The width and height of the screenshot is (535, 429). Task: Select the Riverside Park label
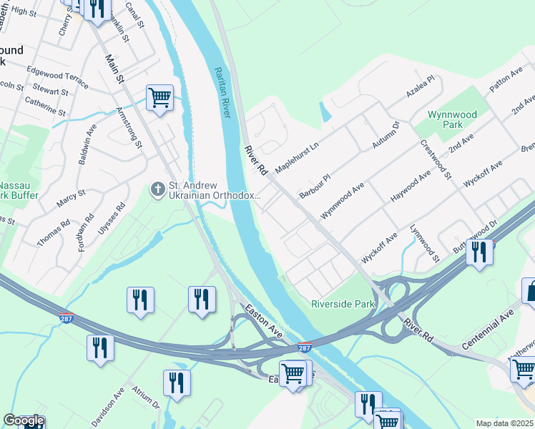[343, 304]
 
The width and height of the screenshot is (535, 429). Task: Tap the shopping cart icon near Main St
[159, 97]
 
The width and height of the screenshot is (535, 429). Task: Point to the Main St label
[115, 69]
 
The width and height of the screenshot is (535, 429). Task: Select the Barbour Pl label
[315, 185]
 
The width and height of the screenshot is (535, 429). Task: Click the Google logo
[24, 420]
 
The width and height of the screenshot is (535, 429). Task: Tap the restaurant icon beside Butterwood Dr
[479, 252]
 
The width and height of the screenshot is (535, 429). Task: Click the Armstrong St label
[129, 128]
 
